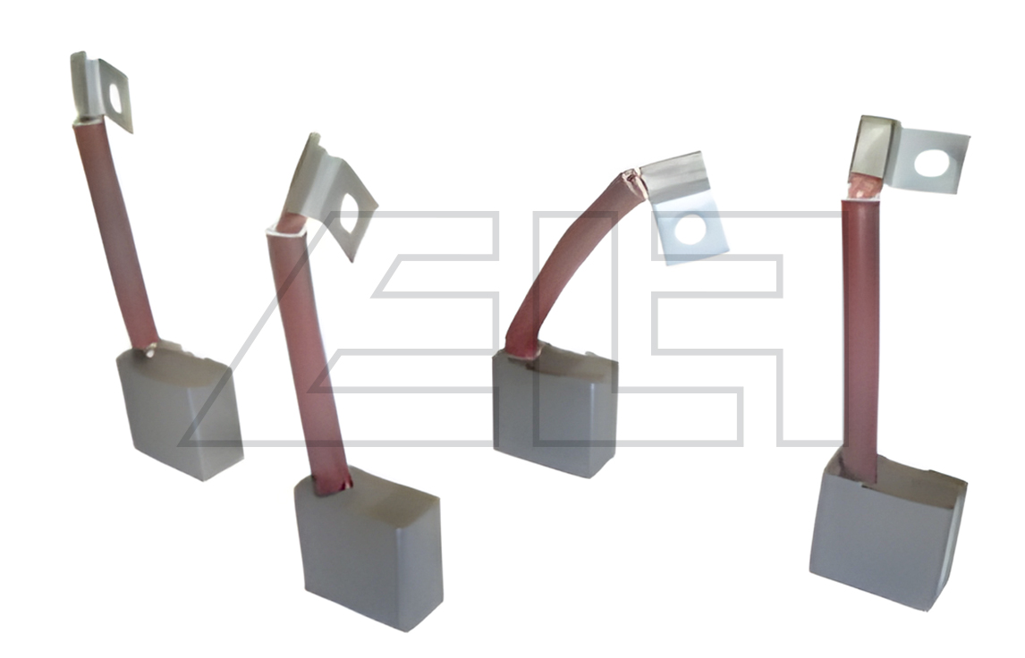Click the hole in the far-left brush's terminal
pos(115,97)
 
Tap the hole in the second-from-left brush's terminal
pos(348,215)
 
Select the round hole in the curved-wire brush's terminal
pos(690,230)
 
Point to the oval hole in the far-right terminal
pos(931,164)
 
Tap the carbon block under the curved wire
pos(555,411)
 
